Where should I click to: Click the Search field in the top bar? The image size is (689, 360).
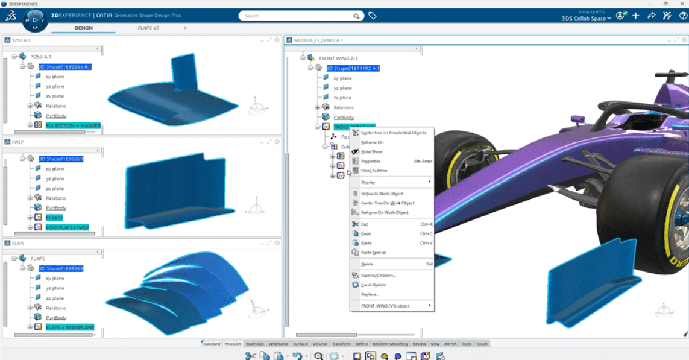(298, 16)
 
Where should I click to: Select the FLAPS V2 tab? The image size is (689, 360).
(148, 28)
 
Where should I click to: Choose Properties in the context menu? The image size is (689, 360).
(371, 162)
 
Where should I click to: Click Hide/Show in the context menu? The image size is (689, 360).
(371, 152)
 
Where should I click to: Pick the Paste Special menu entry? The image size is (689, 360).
(373, 253)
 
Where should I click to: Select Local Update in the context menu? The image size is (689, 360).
(374, 285)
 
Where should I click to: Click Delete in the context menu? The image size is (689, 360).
(367, 264)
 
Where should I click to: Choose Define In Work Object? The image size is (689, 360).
(382, 194)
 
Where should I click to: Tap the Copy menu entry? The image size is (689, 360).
(366, 233)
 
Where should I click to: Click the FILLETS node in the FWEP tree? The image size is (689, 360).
(54, 218)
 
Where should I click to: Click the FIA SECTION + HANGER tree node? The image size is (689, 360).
(73, 125)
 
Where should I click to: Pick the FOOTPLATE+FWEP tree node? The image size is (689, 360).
(67, 227)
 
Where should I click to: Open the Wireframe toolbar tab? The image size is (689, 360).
(278, 344)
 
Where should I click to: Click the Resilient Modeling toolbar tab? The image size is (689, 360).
(390, 344)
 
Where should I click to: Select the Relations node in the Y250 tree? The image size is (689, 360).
(56, 106)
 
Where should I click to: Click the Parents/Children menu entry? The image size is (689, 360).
(379, 276)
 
